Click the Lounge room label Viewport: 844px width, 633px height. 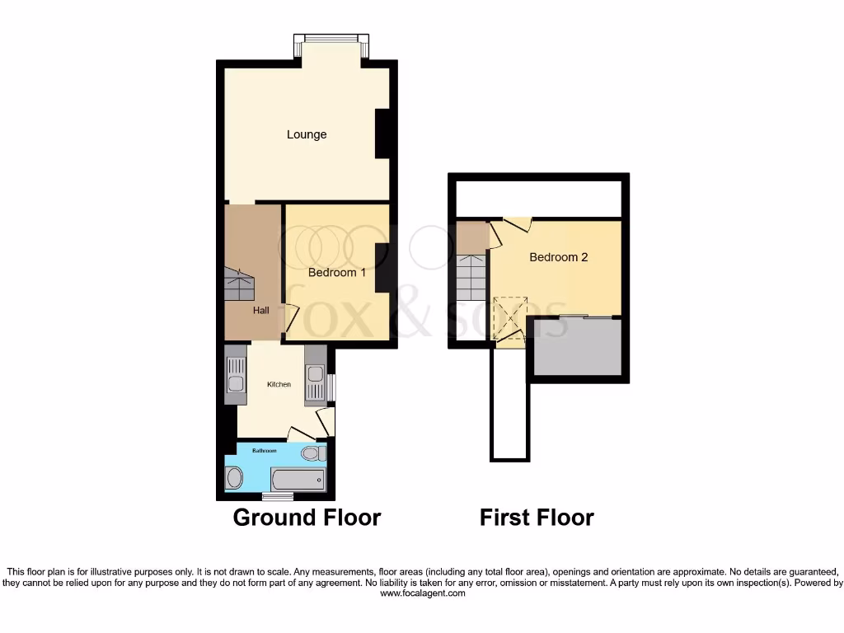click(307, 134)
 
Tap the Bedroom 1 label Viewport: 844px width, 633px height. click(337, 272)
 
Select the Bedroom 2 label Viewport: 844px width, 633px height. click(558, 257)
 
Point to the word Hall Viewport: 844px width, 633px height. click(260, 310)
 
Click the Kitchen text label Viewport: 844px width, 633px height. click(279, 384)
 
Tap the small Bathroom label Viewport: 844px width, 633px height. click(264, 451)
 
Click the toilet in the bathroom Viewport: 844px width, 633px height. click(312, 454)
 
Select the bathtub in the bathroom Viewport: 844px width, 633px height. click(298, 479)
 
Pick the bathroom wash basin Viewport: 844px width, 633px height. click(234, 478)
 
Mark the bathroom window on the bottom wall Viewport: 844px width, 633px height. click(277, 496)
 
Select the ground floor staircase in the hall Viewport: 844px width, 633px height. click(239, 285)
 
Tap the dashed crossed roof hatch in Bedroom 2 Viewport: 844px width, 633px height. click(509, 318)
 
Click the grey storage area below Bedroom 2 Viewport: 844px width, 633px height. click(576, 347)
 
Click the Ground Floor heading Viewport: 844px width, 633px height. click(307, 518)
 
